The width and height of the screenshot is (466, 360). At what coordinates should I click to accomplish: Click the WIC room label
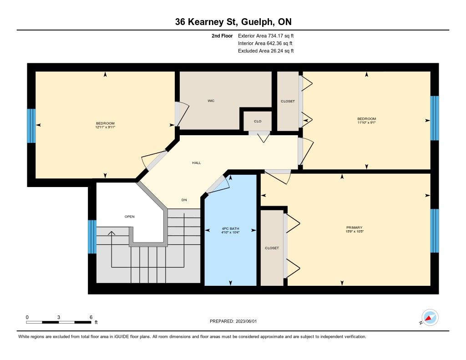211,101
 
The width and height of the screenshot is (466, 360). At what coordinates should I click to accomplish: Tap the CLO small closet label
258,121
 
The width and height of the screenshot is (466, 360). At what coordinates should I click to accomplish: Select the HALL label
197,163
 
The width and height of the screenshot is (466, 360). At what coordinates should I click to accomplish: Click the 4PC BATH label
230,228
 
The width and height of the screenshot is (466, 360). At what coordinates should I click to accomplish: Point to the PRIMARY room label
354,228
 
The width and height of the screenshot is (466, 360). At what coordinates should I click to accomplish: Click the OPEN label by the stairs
130,217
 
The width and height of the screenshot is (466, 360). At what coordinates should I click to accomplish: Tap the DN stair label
184,200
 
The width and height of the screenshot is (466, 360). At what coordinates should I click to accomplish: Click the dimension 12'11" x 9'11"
105,127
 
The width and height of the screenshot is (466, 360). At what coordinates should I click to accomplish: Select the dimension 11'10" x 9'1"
367,122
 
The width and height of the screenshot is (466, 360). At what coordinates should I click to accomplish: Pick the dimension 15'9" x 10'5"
354,231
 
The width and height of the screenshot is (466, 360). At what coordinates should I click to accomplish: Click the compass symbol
430,318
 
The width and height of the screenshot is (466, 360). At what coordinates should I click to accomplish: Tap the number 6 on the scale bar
91,317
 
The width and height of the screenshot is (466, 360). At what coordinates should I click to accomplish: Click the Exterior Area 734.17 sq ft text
266,36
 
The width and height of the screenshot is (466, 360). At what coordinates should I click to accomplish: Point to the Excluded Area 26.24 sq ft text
266,51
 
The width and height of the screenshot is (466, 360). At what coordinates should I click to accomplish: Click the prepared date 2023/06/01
246,321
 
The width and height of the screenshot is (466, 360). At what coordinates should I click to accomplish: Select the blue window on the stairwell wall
92,237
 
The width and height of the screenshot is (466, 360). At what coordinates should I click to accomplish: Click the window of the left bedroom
31,126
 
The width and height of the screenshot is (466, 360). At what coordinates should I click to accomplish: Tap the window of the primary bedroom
435,231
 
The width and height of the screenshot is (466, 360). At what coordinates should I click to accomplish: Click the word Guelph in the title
258,22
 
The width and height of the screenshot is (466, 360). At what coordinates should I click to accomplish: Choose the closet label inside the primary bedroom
272,248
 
